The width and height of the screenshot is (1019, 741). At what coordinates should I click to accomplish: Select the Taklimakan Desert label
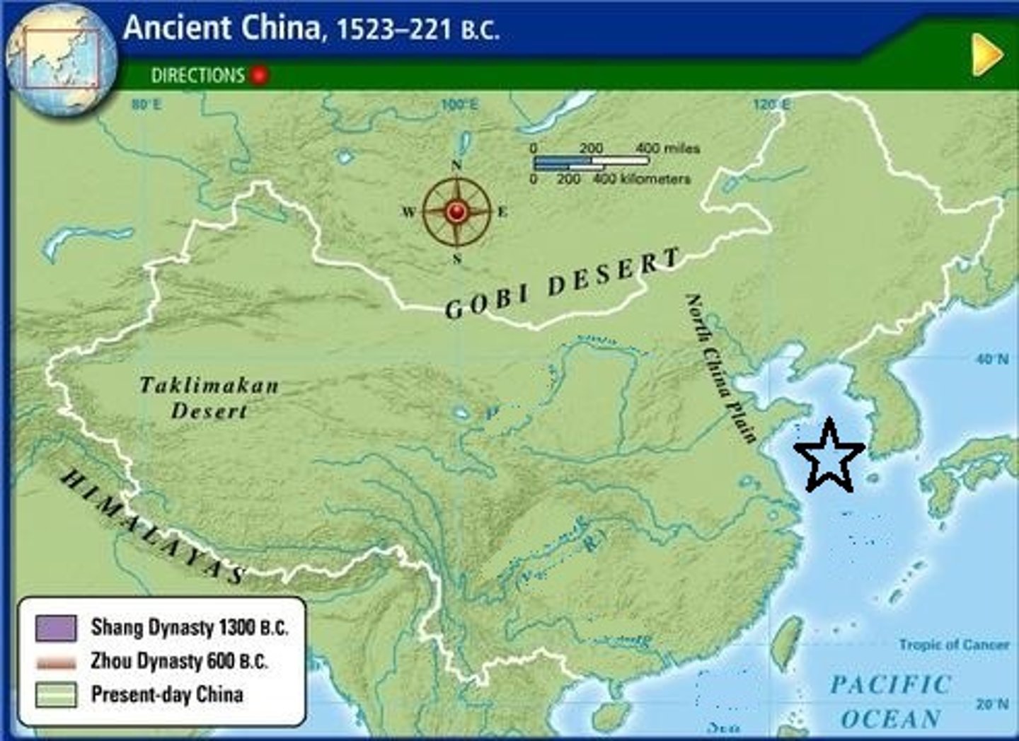click(209, 398)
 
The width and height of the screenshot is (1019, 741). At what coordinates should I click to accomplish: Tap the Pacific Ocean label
click(890, 701)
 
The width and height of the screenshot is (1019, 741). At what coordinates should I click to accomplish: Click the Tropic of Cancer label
click(954, 645)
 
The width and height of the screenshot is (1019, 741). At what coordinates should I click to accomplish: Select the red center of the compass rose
click(456, 211)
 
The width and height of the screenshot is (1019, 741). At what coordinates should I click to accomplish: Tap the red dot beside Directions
click(260, 75)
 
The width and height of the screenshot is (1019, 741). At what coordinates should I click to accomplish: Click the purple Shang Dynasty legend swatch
click(56, 628)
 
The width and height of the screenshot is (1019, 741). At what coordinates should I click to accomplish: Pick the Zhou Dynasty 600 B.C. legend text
click(179, 661)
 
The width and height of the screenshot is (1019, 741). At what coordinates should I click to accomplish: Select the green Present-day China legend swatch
click(56, 694)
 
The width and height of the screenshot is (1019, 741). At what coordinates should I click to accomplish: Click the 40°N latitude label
click(992, 360)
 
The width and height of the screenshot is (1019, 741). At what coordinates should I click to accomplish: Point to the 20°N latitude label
click(992, 703)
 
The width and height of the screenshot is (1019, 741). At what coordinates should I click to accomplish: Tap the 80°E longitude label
click(146, 105)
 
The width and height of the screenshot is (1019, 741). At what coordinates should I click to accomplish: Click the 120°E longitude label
click(771, 105)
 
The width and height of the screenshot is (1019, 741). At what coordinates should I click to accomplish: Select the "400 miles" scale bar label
click(667, 148)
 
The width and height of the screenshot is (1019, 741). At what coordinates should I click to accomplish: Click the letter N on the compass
click(456, 166)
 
